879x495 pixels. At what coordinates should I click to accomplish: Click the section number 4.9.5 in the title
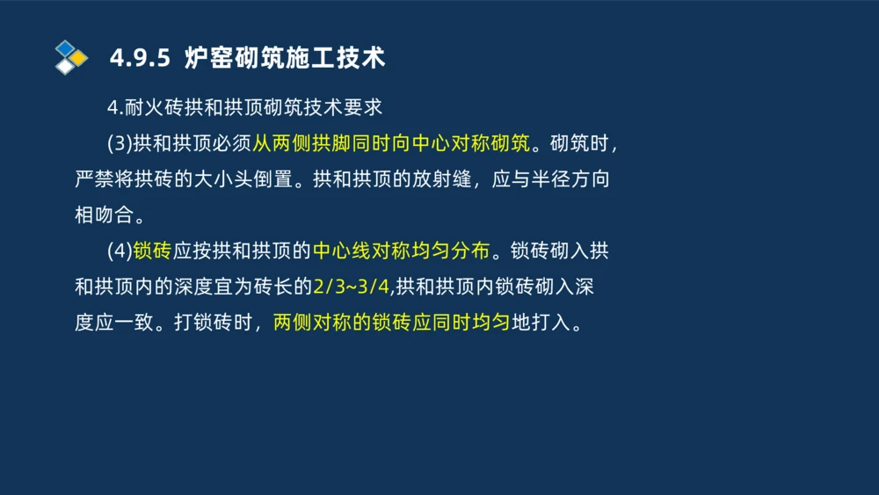point(139,59)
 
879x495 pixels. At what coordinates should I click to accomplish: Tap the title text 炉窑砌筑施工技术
point(285,59)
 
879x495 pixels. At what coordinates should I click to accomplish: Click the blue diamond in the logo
point(65,47)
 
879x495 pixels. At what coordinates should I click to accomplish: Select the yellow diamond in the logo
point(78,58)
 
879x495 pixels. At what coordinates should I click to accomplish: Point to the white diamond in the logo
point(65,67)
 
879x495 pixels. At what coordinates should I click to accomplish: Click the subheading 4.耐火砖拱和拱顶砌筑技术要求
point(245,107)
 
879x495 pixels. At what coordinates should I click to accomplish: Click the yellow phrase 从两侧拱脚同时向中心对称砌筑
point(392,143)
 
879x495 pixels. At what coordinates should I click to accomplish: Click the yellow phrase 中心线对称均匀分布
point(401,251)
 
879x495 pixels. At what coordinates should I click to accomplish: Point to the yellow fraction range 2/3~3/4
point(351,287)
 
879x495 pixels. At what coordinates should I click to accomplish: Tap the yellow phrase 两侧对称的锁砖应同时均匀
point(391,323)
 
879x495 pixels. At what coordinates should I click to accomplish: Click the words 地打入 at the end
point(539,323)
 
